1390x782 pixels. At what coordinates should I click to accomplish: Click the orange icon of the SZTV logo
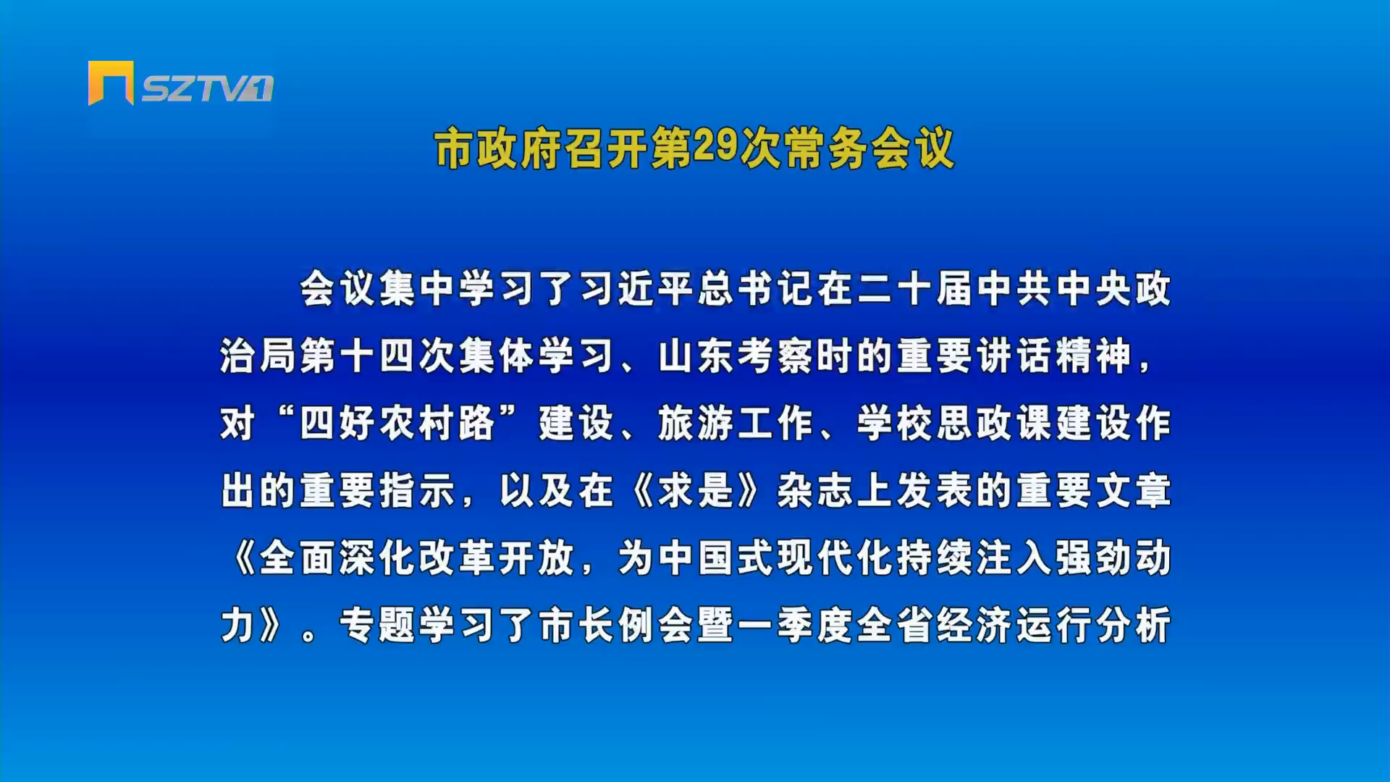point(111,83)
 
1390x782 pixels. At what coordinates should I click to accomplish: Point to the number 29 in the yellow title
point(715,147)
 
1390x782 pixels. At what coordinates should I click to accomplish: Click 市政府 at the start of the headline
point(497,148)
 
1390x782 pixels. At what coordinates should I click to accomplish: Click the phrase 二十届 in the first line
point(916,289)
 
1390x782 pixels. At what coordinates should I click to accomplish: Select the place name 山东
point(697,356)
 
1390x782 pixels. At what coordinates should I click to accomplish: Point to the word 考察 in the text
point(777,356)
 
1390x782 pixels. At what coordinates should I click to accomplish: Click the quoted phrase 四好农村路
point(397,424)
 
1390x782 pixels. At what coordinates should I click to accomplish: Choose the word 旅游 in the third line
point(697,424)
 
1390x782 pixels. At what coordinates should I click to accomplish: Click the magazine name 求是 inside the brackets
point(697,491)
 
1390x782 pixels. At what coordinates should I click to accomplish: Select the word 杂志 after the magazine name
point(816,491)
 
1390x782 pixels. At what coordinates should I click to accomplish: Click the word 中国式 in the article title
point(717,558)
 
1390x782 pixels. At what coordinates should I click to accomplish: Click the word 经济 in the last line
point(975,626)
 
